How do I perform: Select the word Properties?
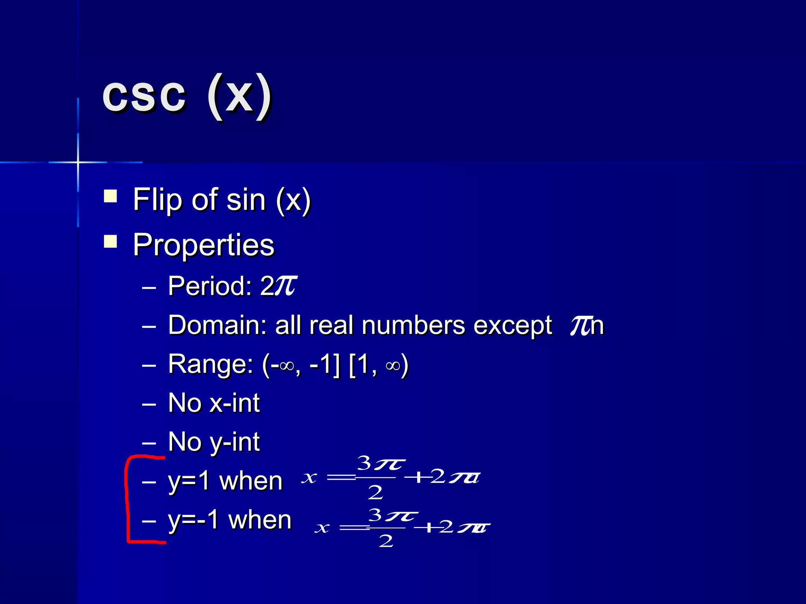pyautogui.click(x=203, y=245)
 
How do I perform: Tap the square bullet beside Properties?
pyautogui.click(x=111, y=241)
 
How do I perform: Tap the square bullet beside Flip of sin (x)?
pyautogui.click(x=111, y=196)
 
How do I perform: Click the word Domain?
pyautogui.click(x=217, y=325)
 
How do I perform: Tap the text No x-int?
pyautogui.click(x=214, y=403)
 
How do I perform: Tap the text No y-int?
pyautogui.click(x=214, y=442)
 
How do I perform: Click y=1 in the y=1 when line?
pyautogui.click(x=189, y=481)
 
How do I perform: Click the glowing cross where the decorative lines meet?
pyautogui.click(x=78, y=162)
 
